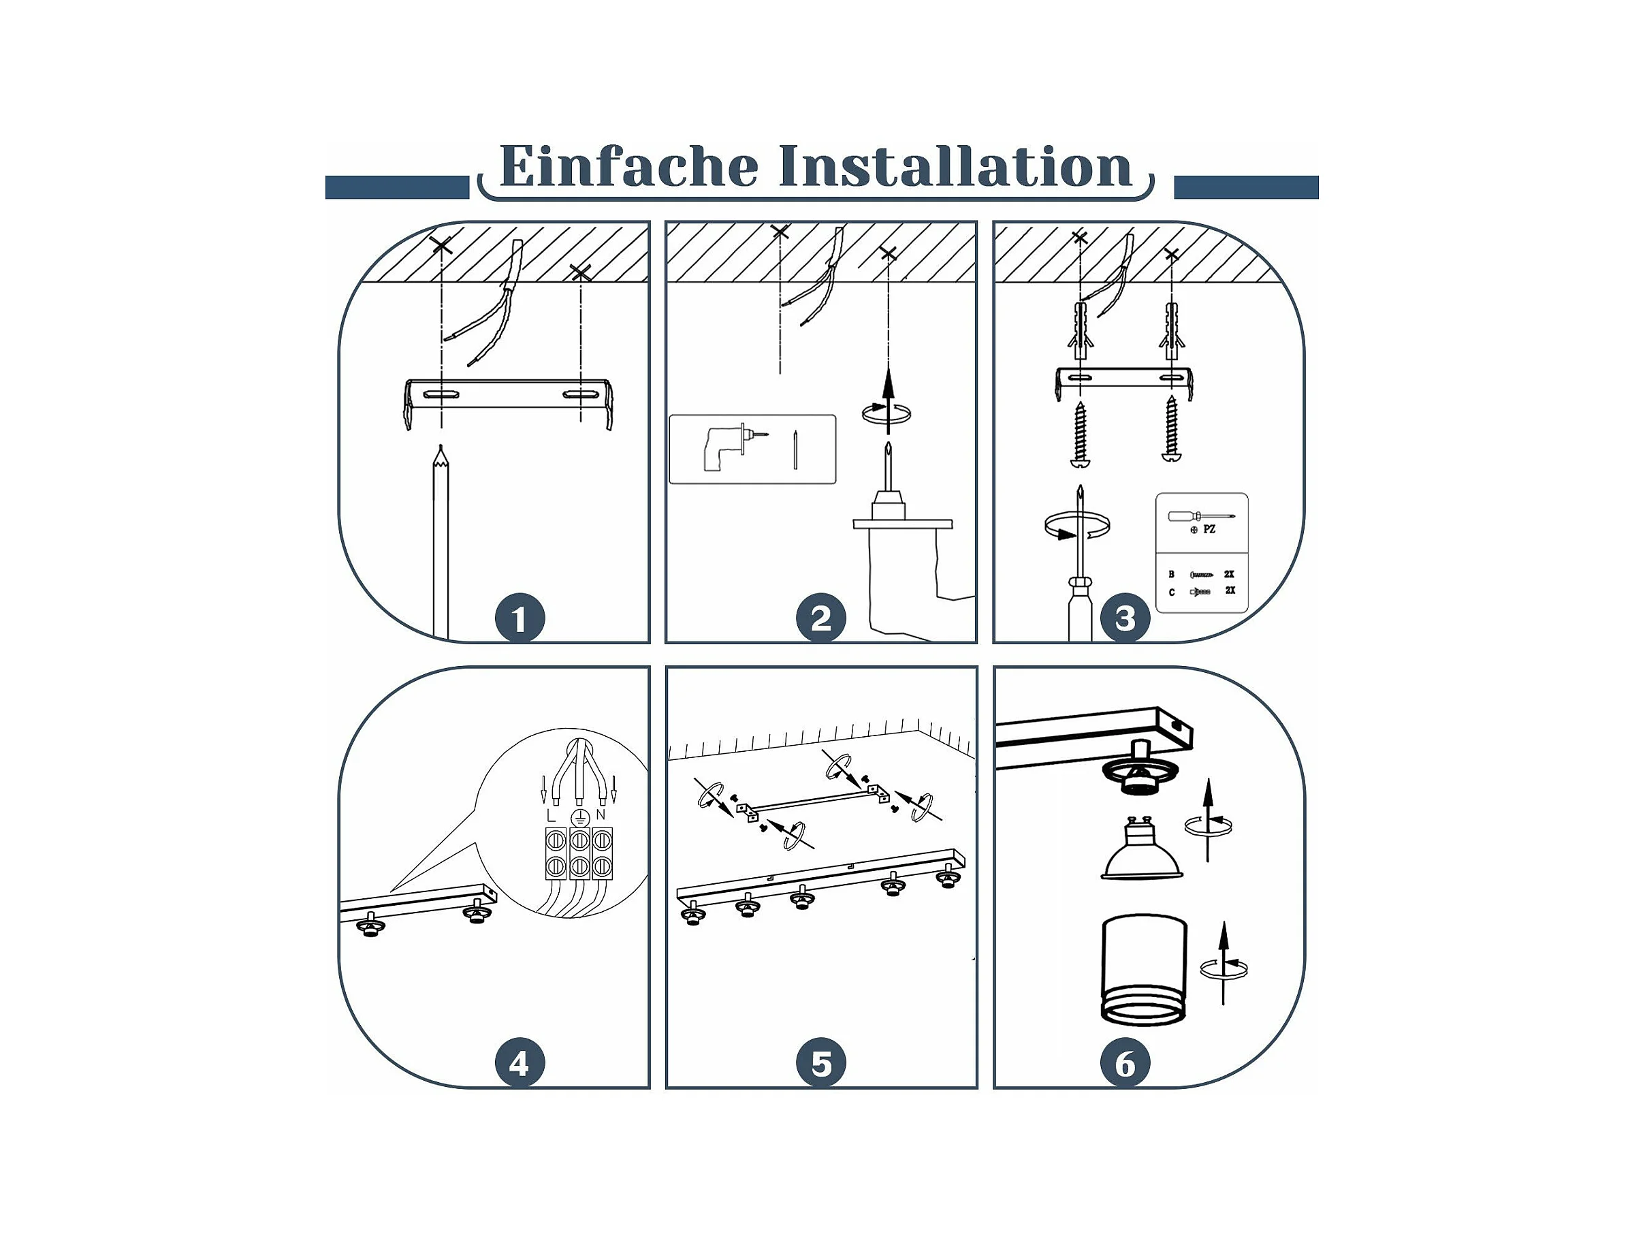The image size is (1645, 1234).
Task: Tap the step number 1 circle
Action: pos(520,618)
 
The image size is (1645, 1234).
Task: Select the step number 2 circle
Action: pos(821,618)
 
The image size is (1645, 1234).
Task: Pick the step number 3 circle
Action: pos(1125,618)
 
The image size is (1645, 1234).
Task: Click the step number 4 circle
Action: pos(520,1064)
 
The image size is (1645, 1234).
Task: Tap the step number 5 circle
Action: pos(821,1064)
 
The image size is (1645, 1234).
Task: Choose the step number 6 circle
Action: pos(1125,1064)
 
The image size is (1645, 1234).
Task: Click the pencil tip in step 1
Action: pos(441,446)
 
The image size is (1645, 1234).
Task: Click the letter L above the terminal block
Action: pos(550,816)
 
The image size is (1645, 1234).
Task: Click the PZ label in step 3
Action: pos(1209,530)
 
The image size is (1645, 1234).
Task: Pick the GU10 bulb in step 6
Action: pos(1142,848)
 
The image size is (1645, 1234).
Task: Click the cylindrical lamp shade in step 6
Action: pos(1144,970)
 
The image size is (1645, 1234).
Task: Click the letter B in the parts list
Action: pos(1171,574)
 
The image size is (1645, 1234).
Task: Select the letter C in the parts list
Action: pos(1171,592)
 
